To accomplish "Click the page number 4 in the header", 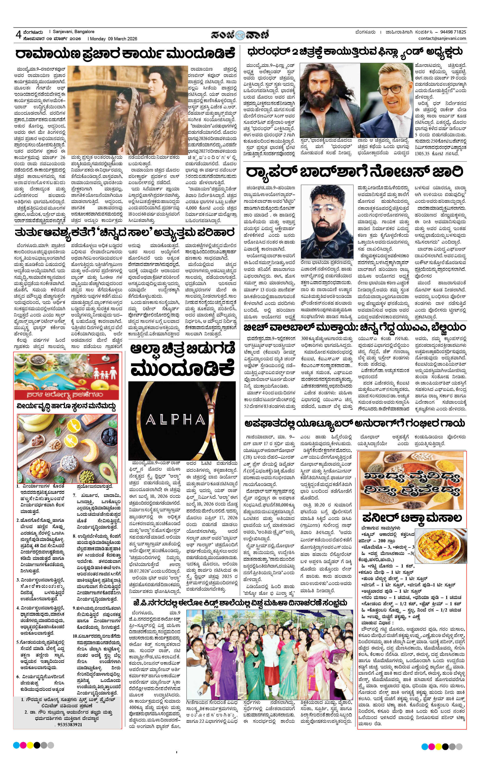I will click(x=18, y=34).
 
